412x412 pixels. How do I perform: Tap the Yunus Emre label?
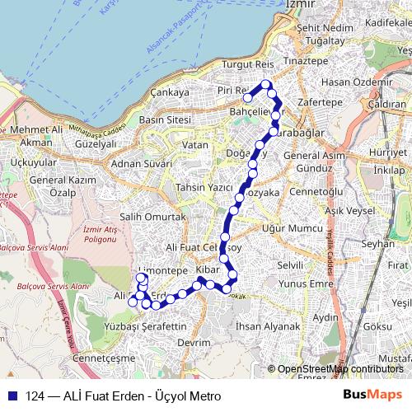tap(302, 285)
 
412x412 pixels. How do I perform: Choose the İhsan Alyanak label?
tap(267, 326)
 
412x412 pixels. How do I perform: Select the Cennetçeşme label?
tap(103, 359)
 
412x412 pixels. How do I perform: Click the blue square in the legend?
tap(12, 396)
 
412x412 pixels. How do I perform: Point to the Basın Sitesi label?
tap(166, 119)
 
